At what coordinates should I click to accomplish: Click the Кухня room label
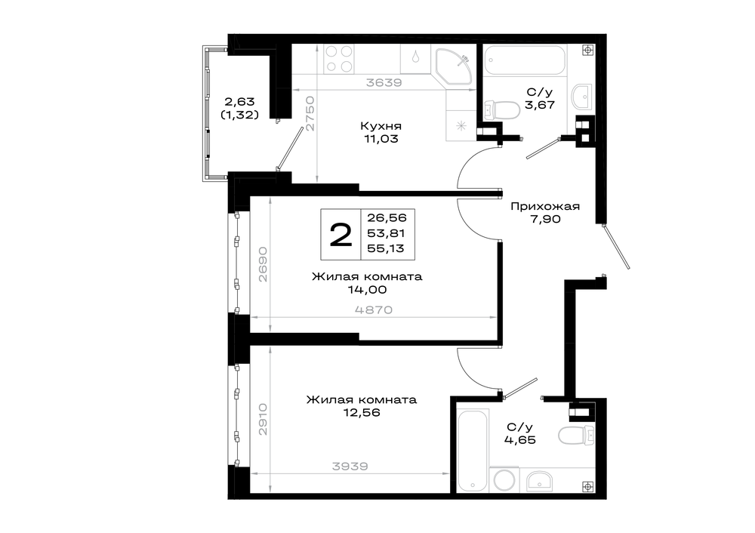pos(381,126)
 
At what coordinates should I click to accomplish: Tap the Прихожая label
pos(545,207)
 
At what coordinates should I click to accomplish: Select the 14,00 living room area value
pos(368,289)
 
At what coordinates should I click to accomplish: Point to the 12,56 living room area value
pos(362,413)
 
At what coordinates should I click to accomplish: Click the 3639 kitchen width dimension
pos(384,82)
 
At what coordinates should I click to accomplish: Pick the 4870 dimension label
pos(374,310)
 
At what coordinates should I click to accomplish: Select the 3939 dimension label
pos(350,466)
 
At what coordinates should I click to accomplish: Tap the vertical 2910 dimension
pos(263,419)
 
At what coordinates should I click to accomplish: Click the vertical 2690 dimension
pos(263,264)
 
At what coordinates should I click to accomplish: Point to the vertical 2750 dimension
pos(310,114)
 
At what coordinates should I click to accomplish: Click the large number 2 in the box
pos(341,235)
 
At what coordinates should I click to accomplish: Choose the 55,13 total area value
pos(386,248)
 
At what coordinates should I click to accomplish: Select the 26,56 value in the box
pos(387,217)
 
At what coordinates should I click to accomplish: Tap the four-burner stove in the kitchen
pos(339,59)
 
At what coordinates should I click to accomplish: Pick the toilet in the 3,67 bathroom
pos(502,110)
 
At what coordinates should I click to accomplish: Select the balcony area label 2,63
pos(239,102)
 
